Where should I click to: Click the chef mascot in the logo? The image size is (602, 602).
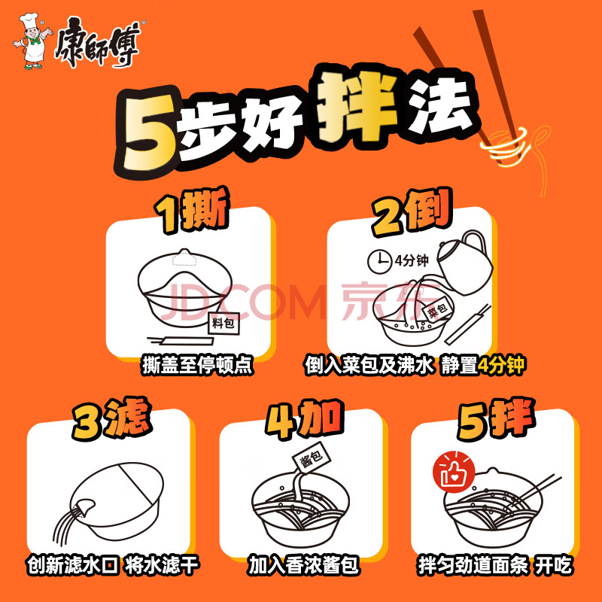tap(32, 41)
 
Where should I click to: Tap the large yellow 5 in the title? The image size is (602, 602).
tap(147, 132)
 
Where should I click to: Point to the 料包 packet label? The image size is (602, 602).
tap(223, 324)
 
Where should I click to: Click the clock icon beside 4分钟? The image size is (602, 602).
tap(379, 261)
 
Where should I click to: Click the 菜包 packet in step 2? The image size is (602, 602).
tap(437, 309)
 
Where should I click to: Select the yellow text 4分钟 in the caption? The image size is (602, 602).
tap(501, 365)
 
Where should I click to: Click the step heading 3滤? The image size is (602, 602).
tap(111, 419)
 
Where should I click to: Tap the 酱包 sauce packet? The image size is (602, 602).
tap(312, 458)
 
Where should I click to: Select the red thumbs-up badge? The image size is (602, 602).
tap(454, 472)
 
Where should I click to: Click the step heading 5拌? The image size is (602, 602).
tap(496, 419)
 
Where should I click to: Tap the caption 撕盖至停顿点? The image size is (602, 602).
tap(198, 365)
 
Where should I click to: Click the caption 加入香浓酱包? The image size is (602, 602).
tap(303, 565)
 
